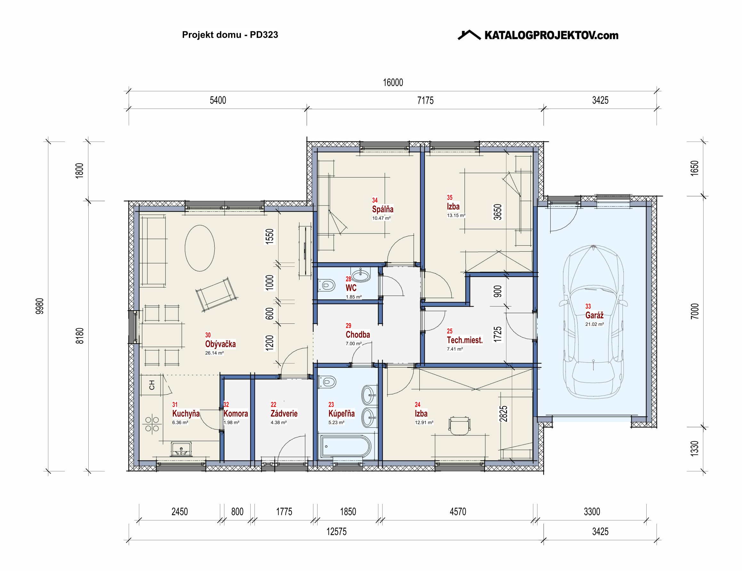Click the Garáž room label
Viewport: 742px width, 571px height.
point(594,315)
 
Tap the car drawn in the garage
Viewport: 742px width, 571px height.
point(593,322)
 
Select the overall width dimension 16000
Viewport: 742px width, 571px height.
point(393,83)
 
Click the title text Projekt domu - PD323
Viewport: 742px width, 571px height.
point(230,35)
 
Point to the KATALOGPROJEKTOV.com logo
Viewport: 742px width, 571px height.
point(538,35)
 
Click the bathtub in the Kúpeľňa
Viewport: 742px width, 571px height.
point(345,446)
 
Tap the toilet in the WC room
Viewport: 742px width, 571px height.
point(327,285)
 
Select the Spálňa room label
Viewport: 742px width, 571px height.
point(383,209)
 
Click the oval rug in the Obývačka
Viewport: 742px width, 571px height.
point(200,248)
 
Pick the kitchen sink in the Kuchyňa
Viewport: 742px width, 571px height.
point(181,449)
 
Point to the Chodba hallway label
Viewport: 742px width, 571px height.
point(358,334)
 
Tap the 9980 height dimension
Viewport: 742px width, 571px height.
point(40,306)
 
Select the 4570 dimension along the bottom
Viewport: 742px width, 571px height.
point(458,511)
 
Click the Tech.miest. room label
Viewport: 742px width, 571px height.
point(464,340)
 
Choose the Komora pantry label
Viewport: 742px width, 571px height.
point(236,414)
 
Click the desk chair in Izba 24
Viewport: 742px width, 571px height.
point(460,426)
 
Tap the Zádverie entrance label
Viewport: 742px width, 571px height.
point(284,414)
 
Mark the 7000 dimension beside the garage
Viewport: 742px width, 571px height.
point(695,311)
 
